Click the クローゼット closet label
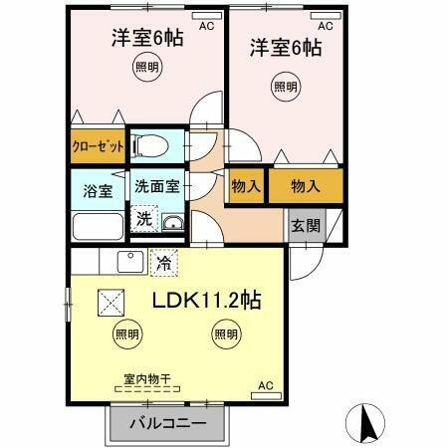[98, 145]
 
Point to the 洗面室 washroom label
[156, 185]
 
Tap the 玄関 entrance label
[306, 225]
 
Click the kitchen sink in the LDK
[129, 262]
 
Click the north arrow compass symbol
[365, 422]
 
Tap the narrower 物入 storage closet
[245, 184]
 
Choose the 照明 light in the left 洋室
[148, 67]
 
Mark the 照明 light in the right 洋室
[285, 87]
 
